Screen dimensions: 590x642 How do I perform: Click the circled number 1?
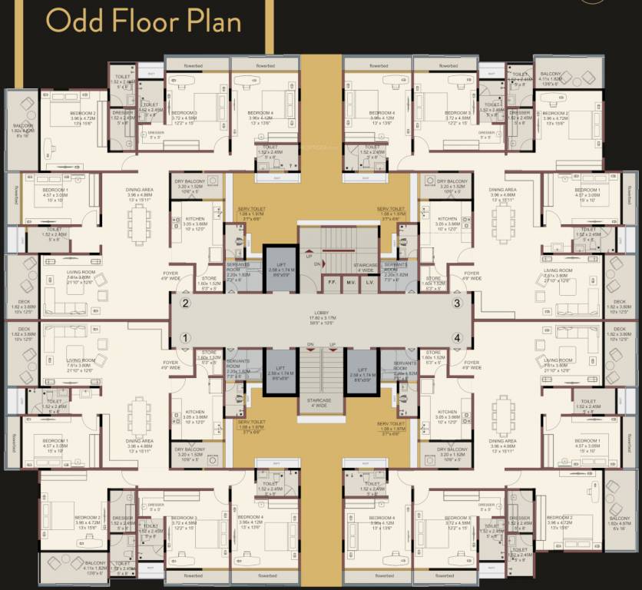185,337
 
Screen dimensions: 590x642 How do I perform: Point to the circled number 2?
185,303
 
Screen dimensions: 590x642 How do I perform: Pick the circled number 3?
457,303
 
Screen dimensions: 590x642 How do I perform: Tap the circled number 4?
457,337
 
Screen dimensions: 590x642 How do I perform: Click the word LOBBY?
321,313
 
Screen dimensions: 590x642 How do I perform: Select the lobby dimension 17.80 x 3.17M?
321,318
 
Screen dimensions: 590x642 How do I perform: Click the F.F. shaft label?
333,282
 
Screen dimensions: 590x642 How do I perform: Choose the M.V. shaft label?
350,282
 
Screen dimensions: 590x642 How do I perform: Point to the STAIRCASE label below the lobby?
321,402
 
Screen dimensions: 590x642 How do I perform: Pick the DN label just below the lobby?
310,345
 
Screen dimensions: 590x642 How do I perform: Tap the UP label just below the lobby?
332,345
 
